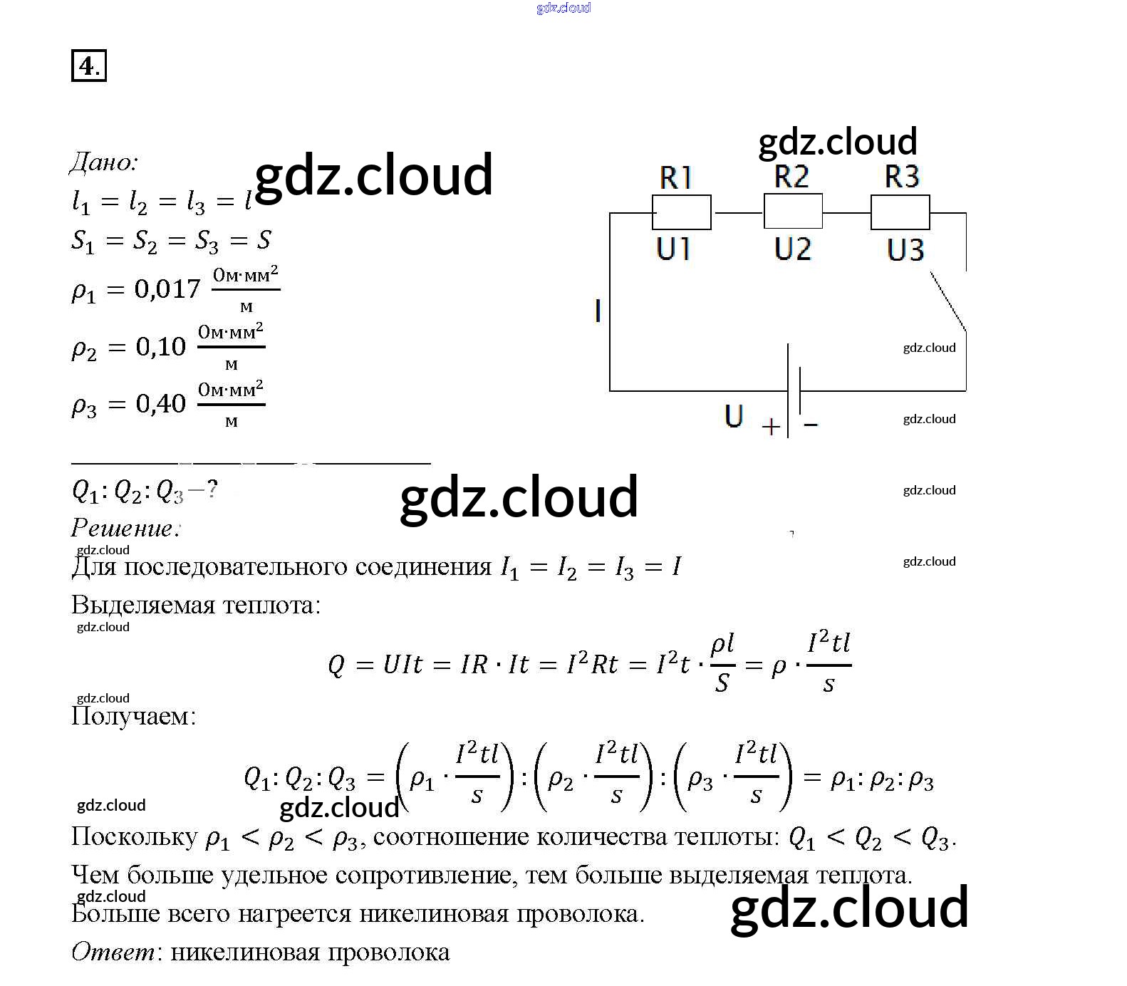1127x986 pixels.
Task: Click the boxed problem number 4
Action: [88, 66]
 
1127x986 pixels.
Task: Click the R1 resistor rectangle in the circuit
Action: [681, 212]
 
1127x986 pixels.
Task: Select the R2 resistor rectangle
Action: [792, 211]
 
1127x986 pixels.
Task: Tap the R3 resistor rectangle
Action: [900, 212]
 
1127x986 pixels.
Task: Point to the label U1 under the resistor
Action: [673, 249]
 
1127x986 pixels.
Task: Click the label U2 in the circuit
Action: [792, 249]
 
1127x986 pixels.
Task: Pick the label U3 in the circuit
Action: [905, 250]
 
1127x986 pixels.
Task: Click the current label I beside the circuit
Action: [598, 311]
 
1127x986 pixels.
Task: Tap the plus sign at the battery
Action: [771, 427]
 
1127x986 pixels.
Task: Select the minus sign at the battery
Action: [811, 425]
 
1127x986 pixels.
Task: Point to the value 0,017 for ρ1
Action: [167, 289]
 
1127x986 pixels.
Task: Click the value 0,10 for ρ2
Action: [160, 347]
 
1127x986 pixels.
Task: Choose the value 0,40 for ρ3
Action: [160, 404]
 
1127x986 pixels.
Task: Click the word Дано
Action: [103, 162]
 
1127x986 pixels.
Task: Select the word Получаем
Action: [133, 715]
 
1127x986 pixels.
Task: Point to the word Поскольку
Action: [135, 836]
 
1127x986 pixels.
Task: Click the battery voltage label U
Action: [734, 415]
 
